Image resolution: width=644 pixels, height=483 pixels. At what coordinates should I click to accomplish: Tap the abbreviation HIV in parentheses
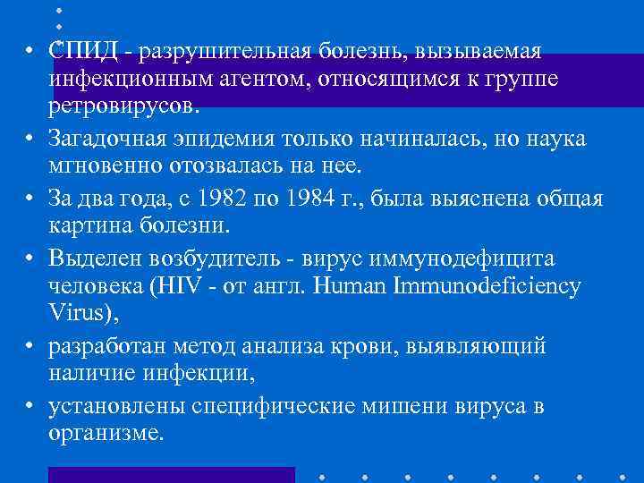177,287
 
